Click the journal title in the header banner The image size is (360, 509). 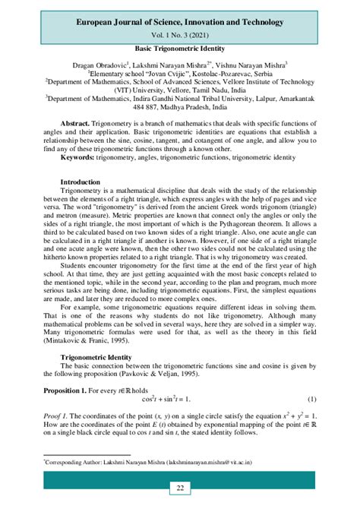[x=180, y=22]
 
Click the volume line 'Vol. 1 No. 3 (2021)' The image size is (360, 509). [x=180, y=35]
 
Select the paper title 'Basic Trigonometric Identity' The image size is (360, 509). [x=180, y=48]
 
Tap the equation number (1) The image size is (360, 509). [x=311, y=399]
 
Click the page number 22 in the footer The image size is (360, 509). [x=180, y=488]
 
